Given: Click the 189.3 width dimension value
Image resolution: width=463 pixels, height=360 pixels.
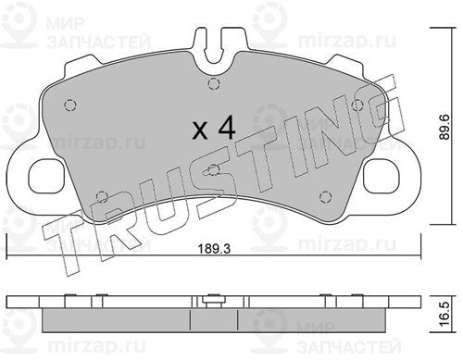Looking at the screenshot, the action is pyautogui.click(x=214, y=249).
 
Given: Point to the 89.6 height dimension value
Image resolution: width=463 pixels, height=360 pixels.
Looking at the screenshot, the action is pyautogui.click(x=444, y=127).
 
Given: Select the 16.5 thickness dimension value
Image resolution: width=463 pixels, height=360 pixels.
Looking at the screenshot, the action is pyautogui.click(x=444, y=315).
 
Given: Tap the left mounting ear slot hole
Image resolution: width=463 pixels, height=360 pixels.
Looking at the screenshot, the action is pyautogui.click(x=46, y=176).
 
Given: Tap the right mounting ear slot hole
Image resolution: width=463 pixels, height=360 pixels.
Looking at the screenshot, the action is pyautogui.click(x=382, y=176).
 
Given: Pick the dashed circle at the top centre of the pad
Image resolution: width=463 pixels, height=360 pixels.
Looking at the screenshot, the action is pyautogui.click(x=214, y=83).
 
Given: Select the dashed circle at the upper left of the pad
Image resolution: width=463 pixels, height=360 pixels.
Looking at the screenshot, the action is pyautogui.click(x=70, y=106).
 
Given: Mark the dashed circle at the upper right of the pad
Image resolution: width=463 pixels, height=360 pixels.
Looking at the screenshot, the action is pyautogui.click(x=357, y=106).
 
